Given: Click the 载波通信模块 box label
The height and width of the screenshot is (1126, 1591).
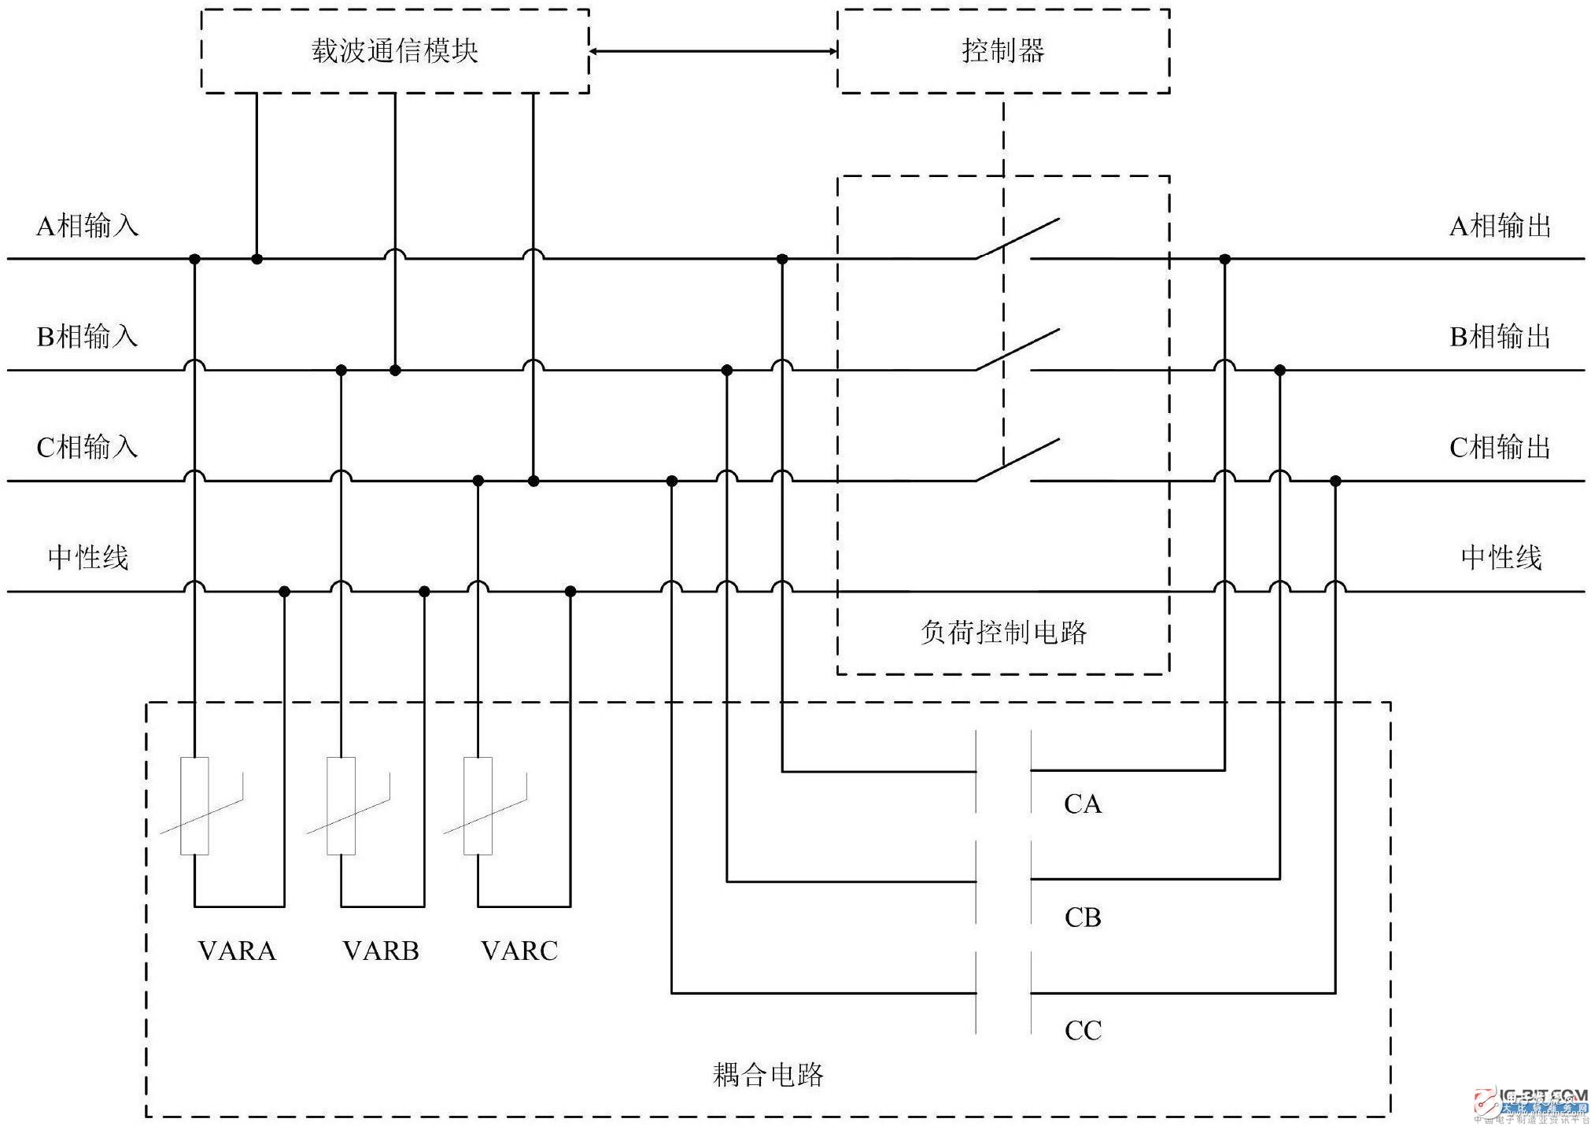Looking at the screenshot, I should [x=394, y=51].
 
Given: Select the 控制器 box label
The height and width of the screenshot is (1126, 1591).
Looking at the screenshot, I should [x=1002, y=51].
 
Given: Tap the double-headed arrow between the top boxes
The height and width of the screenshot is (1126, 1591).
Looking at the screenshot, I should [x=713, y=52].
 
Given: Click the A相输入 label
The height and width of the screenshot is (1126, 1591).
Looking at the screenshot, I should [x=87, y=227].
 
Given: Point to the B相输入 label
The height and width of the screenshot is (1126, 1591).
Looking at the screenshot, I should [x=87, y=337].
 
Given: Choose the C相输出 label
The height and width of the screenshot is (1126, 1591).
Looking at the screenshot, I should [x=1500, y=448].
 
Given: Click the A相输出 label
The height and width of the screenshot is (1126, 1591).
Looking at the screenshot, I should [x=1500, y=227].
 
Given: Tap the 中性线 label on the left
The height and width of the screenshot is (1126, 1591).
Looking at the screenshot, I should [x=87, y=558].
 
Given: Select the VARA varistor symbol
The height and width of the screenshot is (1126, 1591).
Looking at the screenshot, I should [x=195, y=806].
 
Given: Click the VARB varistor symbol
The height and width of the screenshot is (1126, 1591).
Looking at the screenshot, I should [x=341, y=806].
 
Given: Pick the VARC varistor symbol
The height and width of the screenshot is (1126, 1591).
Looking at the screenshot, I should [x=478, y=806].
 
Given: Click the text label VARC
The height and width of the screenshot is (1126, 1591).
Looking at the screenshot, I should [x=519, y=951].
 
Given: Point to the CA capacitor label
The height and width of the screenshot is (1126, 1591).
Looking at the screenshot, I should [x=1083, y=804].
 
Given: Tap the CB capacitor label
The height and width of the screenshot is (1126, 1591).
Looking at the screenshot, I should [x=1083, y=917].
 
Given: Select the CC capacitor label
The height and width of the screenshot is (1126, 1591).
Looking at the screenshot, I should [x=1083, y=1031].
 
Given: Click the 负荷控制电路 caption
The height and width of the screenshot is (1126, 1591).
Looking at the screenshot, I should [x=1003, y=633].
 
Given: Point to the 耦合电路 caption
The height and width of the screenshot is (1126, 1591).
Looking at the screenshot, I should [x=768, y=1075].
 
